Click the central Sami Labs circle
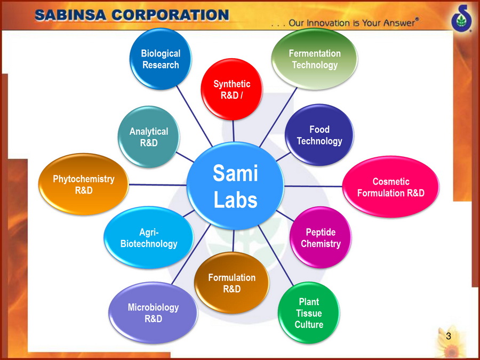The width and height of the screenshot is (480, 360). click(235, 186)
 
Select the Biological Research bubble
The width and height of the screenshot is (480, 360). click(161, 59)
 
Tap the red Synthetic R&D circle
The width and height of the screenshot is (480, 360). click(232, 90)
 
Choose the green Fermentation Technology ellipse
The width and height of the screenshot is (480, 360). click(315, 59)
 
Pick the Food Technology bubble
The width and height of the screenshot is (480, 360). click(319, 135)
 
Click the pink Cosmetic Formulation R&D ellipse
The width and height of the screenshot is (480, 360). click(390, 187)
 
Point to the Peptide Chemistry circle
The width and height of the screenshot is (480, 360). click(321, 237)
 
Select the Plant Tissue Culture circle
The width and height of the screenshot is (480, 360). click(309, 313)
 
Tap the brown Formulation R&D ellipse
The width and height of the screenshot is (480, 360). click(232, 283)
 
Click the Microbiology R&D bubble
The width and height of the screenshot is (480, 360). click(154, 313)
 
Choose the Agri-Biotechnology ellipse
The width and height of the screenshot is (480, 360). click(149, 237)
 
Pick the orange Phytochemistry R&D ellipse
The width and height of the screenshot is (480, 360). click(84, 185)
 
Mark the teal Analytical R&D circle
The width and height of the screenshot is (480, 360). click(149, 137)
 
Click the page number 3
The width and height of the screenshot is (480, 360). click(449, 336)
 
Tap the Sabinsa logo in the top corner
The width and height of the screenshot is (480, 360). click(462, 18)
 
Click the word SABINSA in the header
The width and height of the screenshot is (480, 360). click(71, 15)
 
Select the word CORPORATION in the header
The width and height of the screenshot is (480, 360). click(170, 15)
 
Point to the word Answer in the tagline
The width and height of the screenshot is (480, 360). click(400, 22)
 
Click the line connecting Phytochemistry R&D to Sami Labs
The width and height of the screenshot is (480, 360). click(158, 185)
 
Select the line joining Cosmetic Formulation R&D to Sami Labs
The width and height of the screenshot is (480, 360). click(313, 186)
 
